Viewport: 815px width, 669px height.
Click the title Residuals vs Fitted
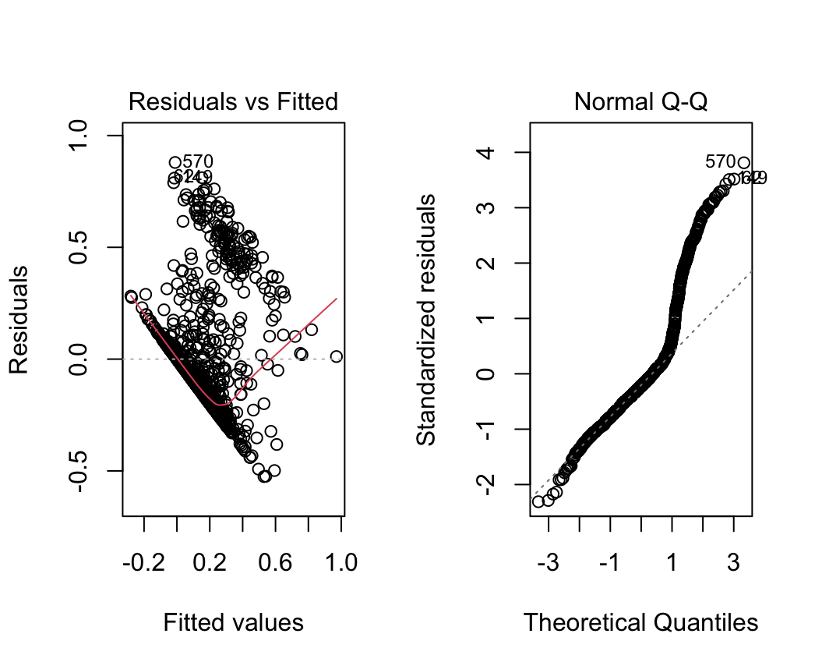[233, 101]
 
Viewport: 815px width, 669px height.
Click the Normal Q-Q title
[640, 101]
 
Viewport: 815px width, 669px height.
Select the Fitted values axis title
[233, 622]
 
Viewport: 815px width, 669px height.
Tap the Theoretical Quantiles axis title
[640, 622]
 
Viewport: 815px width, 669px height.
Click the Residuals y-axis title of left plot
[19, 320]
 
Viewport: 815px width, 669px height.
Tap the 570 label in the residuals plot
[198, 161]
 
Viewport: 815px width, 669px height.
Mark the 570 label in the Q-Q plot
[720, 162]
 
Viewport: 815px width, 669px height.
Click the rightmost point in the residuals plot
[337, 356]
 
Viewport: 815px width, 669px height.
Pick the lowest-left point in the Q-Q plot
[538, 501]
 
